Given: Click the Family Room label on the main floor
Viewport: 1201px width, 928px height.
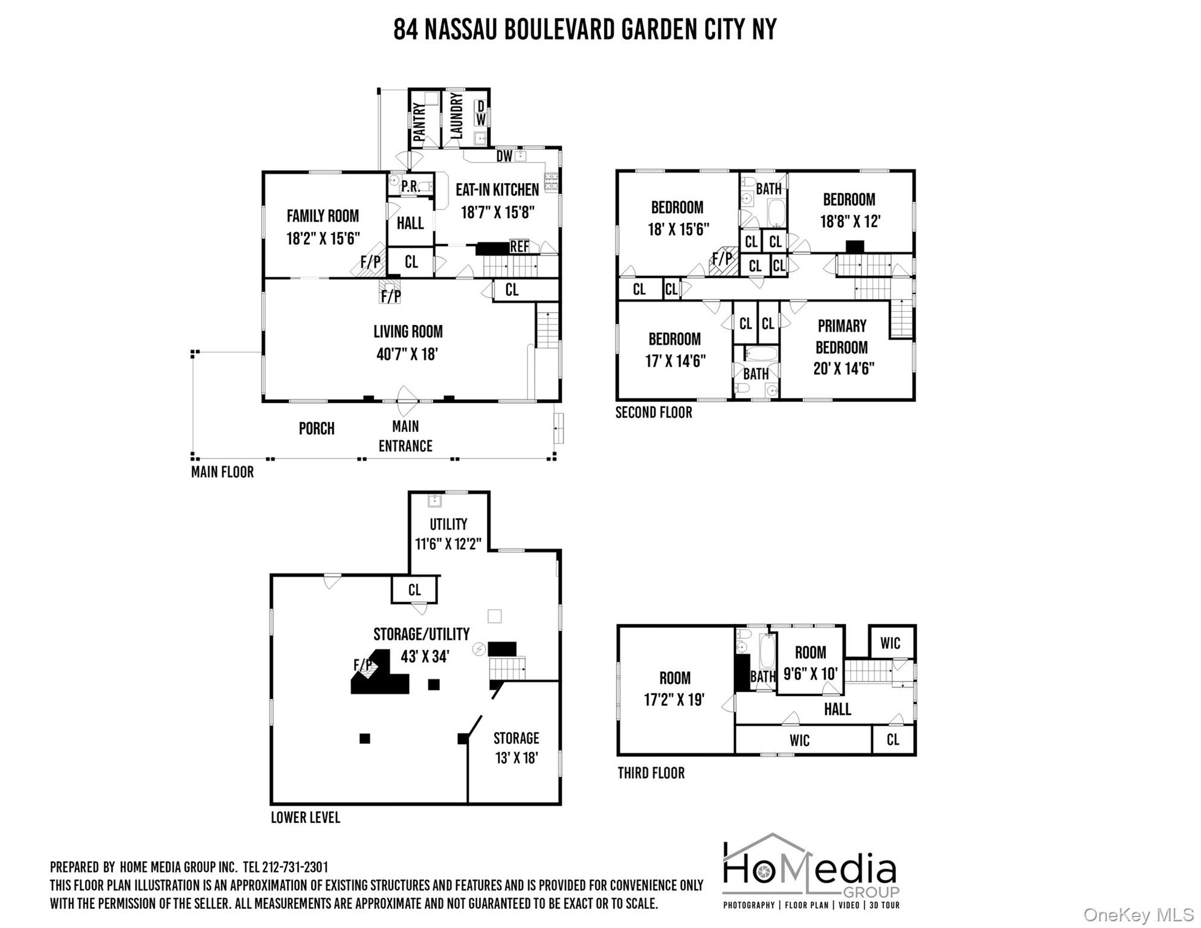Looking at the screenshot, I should tap(323, 216).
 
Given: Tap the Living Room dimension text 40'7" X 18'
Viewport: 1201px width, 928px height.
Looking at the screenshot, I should tap(407, 354).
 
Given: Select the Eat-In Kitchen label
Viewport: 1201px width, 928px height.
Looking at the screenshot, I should tap(497, 190).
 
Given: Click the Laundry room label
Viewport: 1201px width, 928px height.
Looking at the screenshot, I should tap(457, 116).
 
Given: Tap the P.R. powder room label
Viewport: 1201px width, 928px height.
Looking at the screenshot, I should tap(410, 187).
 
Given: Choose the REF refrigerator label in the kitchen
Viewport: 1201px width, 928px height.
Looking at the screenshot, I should tap(519, 246).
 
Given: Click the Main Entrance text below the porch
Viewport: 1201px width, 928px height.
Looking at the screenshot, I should tap(405, 436).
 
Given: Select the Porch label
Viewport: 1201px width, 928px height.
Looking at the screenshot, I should tap(317, 428).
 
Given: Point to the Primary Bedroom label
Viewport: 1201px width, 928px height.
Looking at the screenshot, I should tap(842, 337).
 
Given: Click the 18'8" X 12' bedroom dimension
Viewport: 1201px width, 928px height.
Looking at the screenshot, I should tap(850, 221).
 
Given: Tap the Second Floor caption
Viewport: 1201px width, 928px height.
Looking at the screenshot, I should tap(654, 413).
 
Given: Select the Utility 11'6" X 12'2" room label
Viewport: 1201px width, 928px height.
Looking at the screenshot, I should tap(448, 533).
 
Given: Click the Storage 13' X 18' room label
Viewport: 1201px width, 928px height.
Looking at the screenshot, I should tap(516, 747).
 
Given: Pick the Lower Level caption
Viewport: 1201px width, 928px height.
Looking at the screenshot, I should tap(305, 817).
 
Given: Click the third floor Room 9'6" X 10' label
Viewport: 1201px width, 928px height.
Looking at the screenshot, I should tap(810, 663).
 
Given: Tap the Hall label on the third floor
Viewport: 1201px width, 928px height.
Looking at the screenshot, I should tap(837, 709).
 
